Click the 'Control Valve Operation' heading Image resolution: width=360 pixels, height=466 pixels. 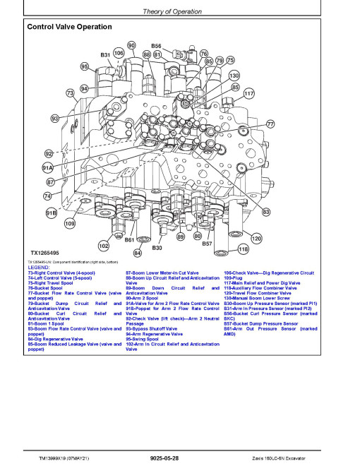click(68, 27)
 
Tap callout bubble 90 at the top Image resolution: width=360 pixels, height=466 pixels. click(131, 45)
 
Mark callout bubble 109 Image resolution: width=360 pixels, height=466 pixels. click(70, 224)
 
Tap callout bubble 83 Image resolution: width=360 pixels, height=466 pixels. click(266, 211)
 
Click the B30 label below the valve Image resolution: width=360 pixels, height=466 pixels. click(157, 249)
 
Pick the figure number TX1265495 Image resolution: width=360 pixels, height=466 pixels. click(44, 253)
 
